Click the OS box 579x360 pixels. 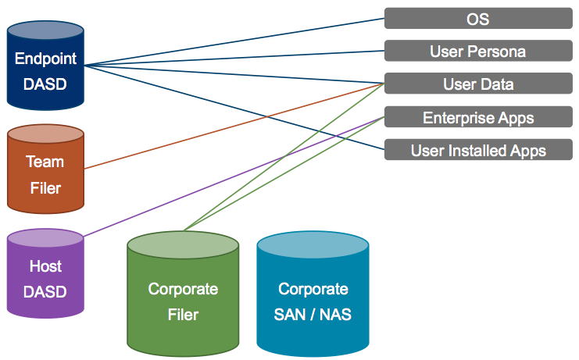[478, 18]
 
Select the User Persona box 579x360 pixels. [478, 51]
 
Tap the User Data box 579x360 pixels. [478, 84]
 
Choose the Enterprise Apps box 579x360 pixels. [478, 117]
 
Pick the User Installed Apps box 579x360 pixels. [478, 149]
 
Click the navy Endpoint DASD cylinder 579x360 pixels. [45, 66]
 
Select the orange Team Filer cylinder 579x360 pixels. [45, 169]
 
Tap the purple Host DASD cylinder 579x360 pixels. [45, 273]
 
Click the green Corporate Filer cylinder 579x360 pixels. [183, 294]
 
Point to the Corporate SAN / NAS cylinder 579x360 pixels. [313, 294]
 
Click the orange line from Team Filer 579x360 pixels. [234, 127]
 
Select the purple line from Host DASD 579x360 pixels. [234, 176]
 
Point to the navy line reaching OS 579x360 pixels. [234, 41]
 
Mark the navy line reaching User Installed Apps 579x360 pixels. [234, 107]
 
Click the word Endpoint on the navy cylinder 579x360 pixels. [45, 59]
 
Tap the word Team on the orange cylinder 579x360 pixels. [45, 162]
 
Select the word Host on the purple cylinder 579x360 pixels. [45, 266]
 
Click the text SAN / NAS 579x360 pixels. [313, 315]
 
